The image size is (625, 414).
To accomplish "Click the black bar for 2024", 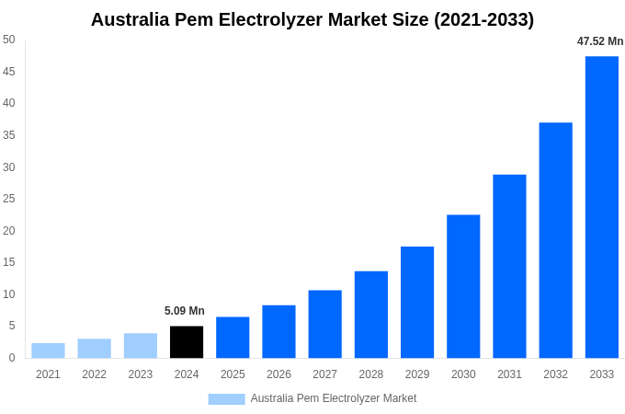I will coord(187,341).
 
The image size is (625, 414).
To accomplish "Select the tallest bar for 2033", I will coord(602,207).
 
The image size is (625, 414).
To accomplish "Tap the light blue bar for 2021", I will coord(48,351).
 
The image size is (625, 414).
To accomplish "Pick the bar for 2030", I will coord(463,286).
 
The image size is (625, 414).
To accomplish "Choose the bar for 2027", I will coord(324,324).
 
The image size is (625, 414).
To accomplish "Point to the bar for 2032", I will coord(555,240).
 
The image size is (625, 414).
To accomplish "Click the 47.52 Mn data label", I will coord(600,41).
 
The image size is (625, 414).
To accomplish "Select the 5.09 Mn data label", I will coord(185,311).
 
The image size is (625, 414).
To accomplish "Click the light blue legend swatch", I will coord(226,399).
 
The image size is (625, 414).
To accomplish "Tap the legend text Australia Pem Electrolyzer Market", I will coord(334,398).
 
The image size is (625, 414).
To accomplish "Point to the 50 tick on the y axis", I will coord(9,40).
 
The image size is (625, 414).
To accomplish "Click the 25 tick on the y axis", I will coord(9,199).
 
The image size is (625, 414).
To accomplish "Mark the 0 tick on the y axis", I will coord(12,358).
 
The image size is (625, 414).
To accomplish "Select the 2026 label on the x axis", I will coord(278,374).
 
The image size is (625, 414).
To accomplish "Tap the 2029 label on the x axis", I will coord(417,374).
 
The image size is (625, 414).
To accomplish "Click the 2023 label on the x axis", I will coord(141,374).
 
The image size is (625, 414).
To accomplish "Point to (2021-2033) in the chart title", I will coord(484,19).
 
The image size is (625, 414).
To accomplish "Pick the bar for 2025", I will coord(233,337).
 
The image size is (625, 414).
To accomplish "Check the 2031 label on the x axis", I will coord(509,374).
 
